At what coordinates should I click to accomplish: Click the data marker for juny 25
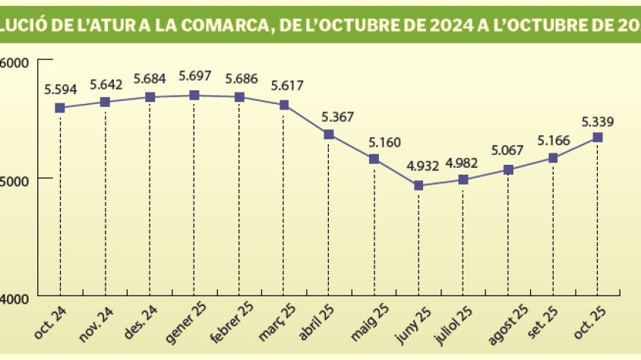point(418,185)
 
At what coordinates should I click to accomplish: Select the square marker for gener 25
point(194,95)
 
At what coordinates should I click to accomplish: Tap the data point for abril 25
point(329,134)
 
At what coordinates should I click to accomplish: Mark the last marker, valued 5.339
point(598,137)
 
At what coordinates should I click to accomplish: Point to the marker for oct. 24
point(60,108)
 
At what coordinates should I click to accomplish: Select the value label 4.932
point(418,166)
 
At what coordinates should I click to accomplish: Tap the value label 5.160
point(374,141)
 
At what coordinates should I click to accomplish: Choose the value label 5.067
point(507,150)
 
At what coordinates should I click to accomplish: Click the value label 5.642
point(106,84)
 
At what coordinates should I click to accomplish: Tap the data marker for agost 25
point(508,169)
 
